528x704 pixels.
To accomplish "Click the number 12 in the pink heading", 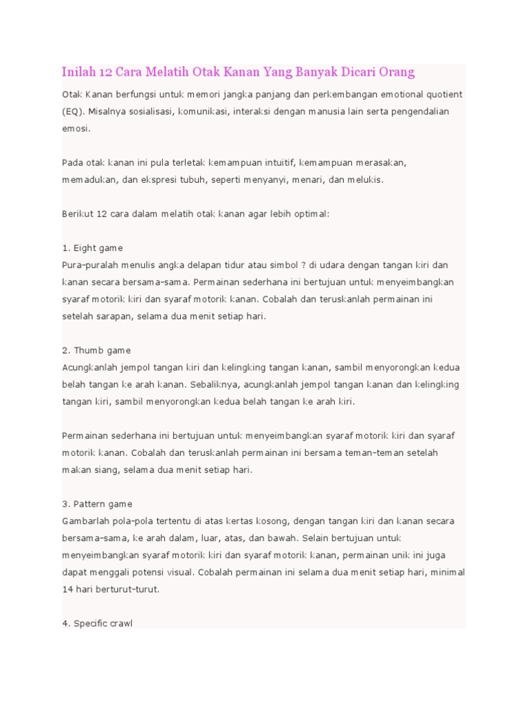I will (107, 72).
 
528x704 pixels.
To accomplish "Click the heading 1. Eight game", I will (92, 247).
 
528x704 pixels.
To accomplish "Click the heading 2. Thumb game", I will (96, 350).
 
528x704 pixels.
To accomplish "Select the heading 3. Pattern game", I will (98, 504).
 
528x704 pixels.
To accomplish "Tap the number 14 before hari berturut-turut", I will (68, 589).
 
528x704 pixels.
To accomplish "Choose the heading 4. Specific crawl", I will (98, 624).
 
